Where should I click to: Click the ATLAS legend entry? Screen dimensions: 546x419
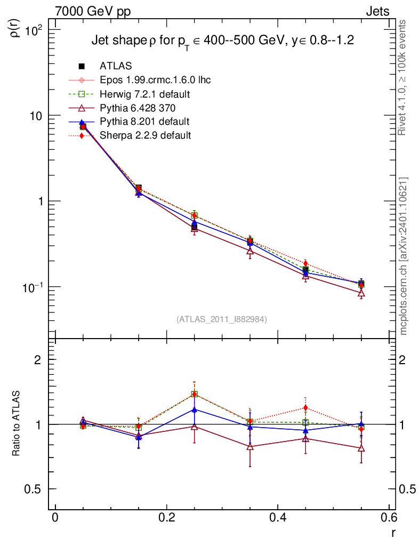click(x=115, y=66)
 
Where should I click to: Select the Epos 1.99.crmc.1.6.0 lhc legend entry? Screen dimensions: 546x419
click(x=155, y=80)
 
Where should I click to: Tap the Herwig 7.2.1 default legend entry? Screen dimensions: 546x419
click(x=145, y=94)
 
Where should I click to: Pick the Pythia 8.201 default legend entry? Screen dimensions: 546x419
click(x=144, y=122)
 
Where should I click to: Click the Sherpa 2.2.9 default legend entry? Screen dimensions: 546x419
click(x=145, y=135)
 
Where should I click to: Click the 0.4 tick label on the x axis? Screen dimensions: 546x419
click(x=278, y=517)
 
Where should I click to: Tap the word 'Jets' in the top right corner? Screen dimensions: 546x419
click(x=377, y=11)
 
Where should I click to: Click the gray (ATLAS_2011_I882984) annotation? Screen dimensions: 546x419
click(x=222, y=319)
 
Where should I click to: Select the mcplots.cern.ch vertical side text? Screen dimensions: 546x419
click(x=404, y=256)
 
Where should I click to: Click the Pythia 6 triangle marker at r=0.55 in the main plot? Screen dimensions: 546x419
click(x=361, y=293)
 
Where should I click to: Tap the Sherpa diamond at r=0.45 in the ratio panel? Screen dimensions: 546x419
click(x=305, y=408)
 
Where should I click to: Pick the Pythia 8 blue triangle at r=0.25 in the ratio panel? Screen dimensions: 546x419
click(x=195, y=409)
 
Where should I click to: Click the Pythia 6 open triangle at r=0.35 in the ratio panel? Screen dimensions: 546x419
click(x=250, y=447)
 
